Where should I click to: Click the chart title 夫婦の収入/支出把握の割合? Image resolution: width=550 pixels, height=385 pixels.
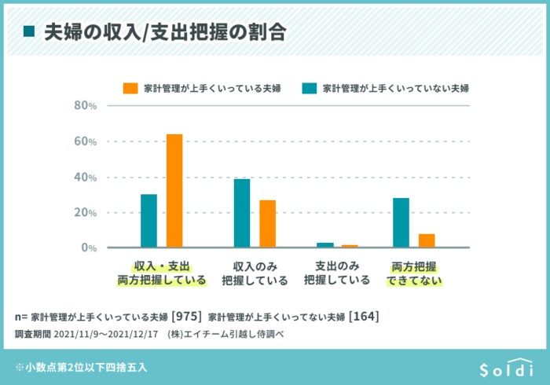[164, 31]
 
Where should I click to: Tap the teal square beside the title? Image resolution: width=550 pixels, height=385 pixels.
[30, 31]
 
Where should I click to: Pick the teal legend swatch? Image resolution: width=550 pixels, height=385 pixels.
[309, 88]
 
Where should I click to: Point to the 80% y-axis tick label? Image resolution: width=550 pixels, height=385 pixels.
[85, 106]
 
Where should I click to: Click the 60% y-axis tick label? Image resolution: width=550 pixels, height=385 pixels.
[85, 141]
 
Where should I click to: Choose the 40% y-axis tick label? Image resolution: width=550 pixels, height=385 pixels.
[85, 178]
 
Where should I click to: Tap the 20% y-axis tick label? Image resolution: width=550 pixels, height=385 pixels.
[85, 213]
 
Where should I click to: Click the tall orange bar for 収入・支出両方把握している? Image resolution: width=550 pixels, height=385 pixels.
[174, 191]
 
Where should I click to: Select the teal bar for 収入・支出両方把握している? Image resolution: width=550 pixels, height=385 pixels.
[148, 221]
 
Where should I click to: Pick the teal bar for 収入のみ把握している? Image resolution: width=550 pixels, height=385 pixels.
[242, 213]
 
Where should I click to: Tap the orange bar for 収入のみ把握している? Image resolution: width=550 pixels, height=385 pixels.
[267, 224]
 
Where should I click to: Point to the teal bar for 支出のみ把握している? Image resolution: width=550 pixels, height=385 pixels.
[325, 245]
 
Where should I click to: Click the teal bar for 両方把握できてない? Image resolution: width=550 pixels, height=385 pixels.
[401, 222]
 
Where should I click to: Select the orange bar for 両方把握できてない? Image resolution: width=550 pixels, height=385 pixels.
[426, 240]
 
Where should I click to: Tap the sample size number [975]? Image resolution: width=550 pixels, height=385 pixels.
[187, 317]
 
